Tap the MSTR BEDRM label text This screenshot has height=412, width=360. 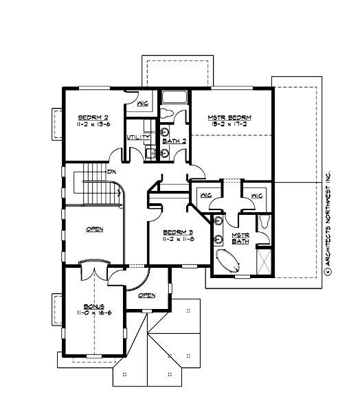[x=229, y=118]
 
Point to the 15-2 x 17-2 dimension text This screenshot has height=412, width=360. [x=229, y=126]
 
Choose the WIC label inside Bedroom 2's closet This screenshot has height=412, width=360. [x=143, y=104]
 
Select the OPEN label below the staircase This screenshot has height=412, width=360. [x=94, y=229]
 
